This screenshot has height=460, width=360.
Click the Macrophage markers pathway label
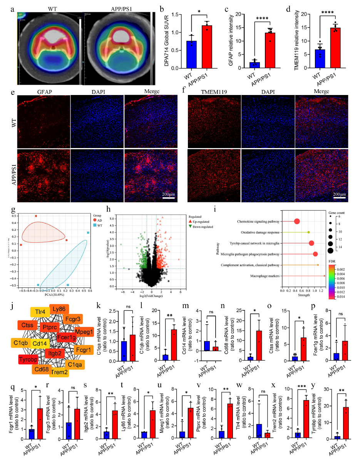(x=269, y=276)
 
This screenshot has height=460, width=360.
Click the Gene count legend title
(x=337, y=212)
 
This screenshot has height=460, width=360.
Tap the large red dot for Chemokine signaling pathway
(x=297, y=222)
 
